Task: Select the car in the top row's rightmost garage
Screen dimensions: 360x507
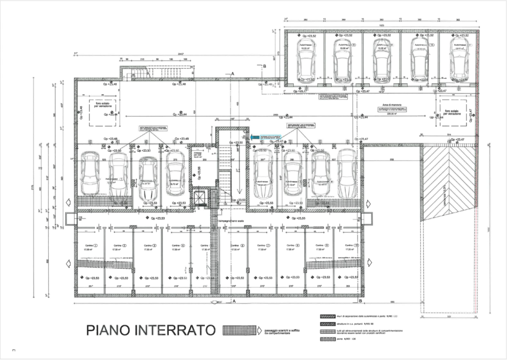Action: (x=459, y=59)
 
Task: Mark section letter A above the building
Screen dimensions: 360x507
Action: (x=233, y=74)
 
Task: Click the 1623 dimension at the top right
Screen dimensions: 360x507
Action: (x=380, y=24)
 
